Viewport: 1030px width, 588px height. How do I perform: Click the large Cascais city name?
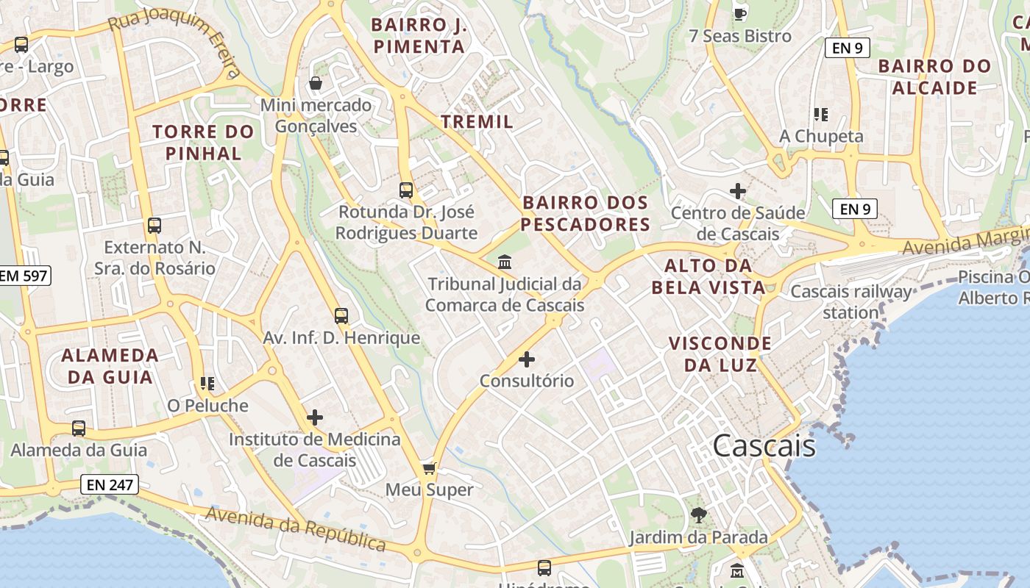click(764, 445)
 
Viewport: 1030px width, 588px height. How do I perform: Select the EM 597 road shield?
click(24, 276)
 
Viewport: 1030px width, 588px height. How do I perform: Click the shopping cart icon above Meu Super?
click(430, 468)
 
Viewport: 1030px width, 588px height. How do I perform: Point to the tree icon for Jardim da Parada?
click(698, 514)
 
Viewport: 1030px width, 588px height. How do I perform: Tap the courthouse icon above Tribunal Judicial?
click(505, 262)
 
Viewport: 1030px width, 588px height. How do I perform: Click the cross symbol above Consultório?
click(527, 359)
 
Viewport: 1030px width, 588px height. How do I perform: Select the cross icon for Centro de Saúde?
click(738, 191)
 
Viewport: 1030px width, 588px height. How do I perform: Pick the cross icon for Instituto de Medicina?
click(315, 417)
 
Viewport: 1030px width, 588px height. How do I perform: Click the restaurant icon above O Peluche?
click(207, 384)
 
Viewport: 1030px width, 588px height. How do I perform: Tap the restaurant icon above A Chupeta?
click(821, 114)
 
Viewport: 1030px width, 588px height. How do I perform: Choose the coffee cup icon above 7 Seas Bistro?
click(740, 13)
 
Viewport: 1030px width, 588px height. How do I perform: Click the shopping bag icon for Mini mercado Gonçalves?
click(316, 83)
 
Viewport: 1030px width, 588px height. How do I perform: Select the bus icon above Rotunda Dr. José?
click(406, 190)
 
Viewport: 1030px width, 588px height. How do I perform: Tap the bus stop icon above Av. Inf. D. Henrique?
click(341, 316)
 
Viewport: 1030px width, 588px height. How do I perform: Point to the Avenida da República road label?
click(295, 528)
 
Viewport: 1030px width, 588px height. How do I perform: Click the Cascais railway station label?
click(850, 302)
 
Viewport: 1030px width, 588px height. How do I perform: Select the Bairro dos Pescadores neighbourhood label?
click(585, 213)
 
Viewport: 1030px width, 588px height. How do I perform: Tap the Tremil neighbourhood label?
click(477, 121)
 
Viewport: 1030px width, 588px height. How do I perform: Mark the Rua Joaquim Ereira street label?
click(175, 42)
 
